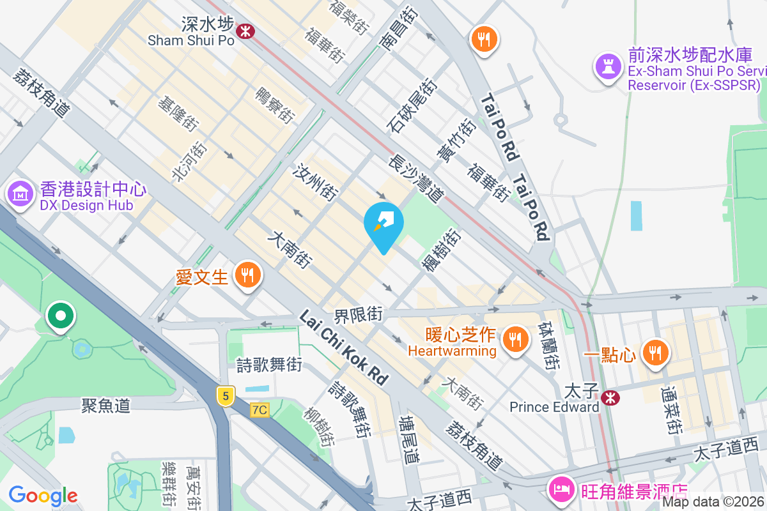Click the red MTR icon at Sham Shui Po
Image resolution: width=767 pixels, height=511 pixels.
coord(244,30)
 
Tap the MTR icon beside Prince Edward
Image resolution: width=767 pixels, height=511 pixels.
coord(612,398)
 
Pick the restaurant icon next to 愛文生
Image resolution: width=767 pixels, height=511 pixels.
coord(247,275)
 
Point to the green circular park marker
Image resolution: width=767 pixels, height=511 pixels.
coord(61,316)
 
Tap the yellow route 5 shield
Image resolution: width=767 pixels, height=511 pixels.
coord(224,396)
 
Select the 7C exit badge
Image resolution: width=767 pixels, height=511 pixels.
coord(259,409)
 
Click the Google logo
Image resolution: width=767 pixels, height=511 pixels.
coord(43,495)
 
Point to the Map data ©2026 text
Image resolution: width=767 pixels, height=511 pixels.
coord(713,501)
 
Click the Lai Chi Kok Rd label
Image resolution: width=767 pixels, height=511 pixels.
coord(345,349)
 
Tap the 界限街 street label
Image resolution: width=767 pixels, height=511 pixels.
coord(359,314)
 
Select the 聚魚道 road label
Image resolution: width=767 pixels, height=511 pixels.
coord(106,406)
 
